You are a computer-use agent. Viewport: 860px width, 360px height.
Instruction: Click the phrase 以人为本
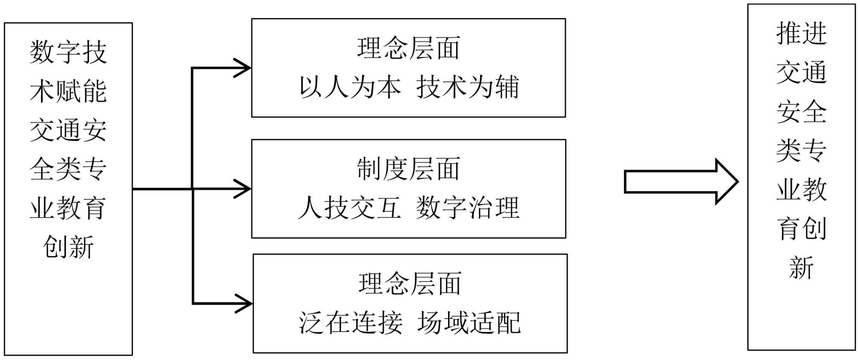pos(350,87)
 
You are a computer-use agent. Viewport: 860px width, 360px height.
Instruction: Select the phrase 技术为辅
pos(467,87)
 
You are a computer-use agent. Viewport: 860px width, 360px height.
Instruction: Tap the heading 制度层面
pos(408,169)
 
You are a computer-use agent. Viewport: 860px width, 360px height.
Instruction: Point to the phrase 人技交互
pos(349,208)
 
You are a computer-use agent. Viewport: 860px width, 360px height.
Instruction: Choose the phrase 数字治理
pos(467,208)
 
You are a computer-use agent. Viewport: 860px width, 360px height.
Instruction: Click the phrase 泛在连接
pos(350,323)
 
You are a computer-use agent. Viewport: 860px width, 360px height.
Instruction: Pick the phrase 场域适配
pos(469,323)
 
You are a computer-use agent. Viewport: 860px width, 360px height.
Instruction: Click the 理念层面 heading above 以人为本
pos(408,48)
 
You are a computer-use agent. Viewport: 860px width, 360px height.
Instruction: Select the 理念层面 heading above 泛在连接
pos(410,284)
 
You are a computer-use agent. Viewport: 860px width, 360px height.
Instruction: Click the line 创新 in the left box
pos(68,247)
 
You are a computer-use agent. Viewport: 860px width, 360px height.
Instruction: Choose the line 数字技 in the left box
pos(68,52)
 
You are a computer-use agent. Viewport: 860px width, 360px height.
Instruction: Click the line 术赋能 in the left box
pos(68,91)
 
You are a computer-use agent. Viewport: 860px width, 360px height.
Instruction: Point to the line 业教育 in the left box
pos(68,208)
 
